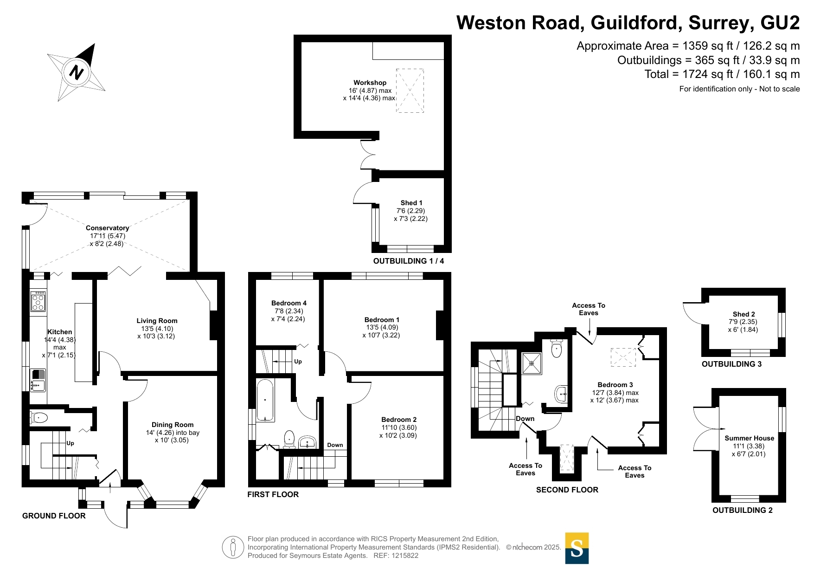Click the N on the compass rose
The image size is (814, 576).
(x=77, y=72)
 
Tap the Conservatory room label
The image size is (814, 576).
(x=107, y=228)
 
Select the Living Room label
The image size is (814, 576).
(x=157, y=321)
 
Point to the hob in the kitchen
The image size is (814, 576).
(x=38, y=301)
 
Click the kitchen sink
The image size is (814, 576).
(x=38, y=380)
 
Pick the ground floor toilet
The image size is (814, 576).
(x=38, y=418)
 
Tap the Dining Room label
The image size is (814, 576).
(x=173, y=425)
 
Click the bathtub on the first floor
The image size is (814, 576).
(x=265, y=401)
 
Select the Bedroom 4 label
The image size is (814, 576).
(x=289, y=303)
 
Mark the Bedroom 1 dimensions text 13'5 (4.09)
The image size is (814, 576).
(x=382, y=327)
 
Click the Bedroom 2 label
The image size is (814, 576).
(x=399, y=420)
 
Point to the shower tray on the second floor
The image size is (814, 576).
(x=532, y=363)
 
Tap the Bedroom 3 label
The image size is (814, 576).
(x=615, y=385)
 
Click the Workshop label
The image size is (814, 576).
(x=370, y=83)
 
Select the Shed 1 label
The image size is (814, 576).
(x=411, y=203)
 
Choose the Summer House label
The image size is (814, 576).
(x=750, y=438)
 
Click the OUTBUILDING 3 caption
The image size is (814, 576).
(x=731, y=364)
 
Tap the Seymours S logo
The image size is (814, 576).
(x=577, y=548)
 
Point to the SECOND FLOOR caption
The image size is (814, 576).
(x=567, y=490)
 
